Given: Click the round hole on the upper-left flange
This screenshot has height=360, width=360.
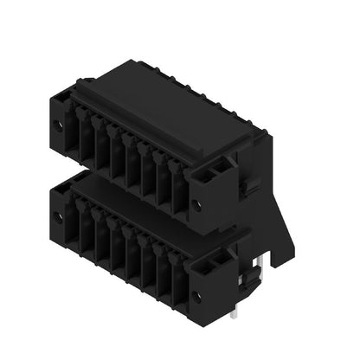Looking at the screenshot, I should point(58,125).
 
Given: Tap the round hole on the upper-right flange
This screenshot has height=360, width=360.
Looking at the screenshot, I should point(197,205).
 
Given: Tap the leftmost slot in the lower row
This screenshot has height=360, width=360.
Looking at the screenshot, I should point(74,223).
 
